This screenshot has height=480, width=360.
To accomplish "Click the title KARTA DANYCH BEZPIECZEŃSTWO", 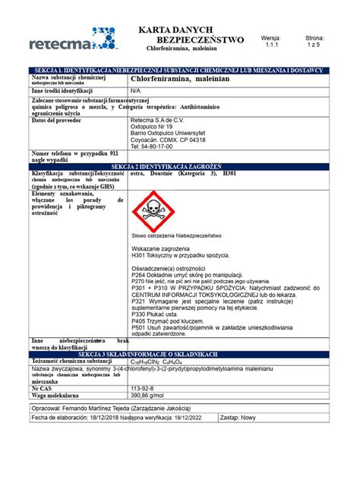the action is (189, 33).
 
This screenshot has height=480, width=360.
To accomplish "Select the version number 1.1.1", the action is (271, 45).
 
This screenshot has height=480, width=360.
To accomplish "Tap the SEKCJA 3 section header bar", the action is (179, 355).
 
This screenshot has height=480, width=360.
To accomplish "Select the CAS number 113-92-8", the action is (144, 388).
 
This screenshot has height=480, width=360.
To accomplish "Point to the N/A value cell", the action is (136, 90).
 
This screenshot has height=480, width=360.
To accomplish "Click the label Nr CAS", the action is (43, 388).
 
